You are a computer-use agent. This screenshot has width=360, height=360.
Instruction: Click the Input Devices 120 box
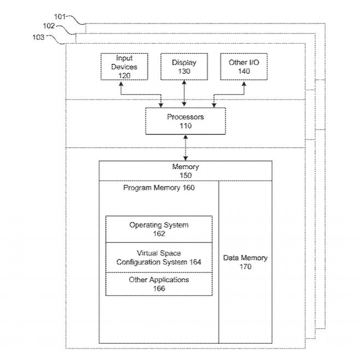click(124, 67)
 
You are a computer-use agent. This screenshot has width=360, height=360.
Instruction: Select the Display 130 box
click(184, 67)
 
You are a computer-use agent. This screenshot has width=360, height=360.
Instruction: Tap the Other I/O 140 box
click(243, 67)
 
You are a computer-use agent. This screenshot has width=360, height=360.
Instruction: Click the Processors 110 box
click(185, 121)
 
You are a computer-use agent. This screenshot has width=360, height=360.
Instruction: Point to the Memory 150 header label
click(185, 171)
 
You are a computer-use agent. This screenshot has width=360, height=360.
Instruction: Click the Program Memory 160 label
click(159, 188)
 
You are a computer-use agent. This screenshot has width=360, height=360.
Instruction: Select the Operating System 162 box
click(159, 229)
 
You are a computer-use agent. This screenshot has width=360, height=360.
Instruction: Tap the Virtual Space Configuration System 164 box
click(159, 258)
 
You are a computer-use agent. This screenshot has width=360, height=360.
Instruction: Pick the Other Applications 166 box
click(159, 284)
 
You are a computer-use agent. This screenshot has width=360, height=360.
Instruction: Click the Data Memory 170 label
click(245, 262)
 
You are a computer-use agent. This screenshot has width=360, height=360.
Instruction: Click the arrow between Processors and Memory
click(185, 148)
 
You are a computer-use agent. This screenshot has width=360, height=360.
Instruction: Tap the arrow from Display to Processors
click(184, 94)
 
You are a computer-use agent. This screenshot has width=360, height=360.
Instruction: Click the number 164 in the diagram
click(193, 262)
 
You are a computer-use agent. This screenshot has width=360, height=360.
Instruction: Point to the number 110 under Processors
click(185, 126)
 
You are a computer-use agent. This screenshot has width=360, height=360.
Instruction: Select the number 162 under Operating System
click(159, 234)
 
